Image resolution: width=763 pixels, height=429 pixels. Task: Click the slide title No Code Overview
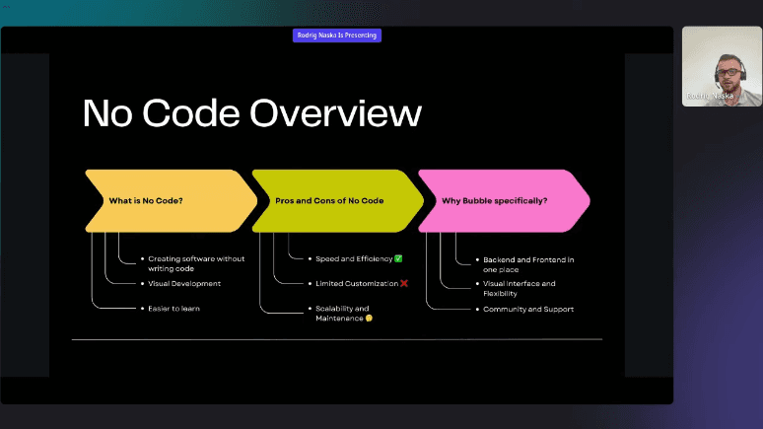[252, 113]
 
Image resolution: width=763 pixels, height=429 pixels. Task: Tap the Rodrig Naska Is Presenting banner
[336, 36]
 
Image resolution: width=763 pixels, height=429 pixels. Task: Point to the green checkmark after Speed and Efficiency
[398, 258]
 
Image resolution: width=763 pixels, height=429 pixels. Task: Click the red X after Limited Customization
[404, 283]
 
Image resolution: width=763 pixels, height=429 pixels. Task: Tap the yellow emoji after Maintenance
[369, 319]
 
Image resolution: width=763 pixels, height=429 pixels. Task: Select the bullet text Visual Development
[184, 283]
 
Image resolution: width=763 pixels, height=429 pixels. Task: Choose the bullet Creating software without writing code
[196, 263]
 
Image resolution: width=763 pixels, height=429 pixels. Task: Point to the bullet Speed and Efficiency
[353, 258]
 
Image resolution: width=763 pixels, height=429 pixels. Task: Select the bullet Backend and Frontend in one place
[528, 263]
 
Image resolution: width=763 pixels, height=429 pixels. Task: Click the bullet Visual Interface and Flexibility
[520, 288]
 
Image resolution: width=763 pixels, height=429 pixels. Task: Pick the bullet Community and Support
[528, 309]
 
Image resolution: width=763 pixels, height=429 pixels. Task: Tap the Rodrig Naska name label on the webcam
[710, 96]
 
